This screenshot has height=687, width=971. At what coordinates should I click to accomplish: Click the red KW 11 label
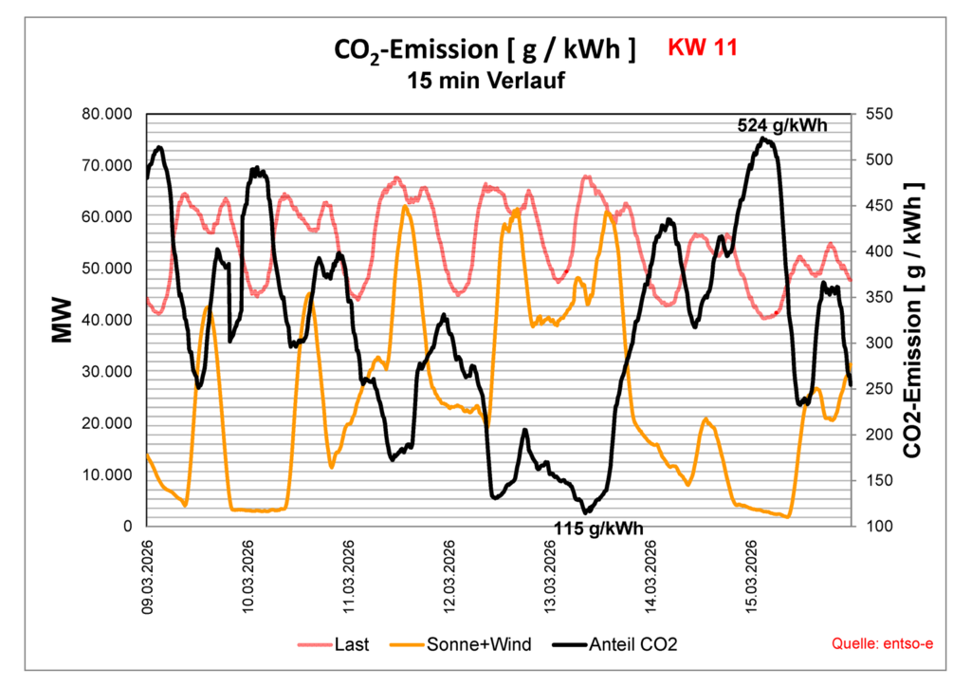coord(703,47)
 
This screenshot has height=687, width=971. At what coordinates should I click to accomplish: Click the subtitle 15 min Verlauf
coord(485,81)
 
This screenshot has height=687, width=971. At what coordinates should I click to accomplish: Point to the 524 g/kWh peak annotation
coord(782,124)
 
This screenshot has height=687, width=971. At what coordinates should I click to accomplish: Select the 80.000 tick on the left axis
coord(107,114)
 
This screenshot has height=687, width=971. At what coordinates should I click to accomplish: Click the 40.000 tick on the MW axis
coord(107,320)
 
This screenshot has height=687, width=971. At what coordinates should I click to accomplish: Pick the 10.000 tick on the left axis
coord(107,474)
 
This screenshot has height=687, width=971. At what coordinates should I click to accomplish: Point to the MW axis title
coord(63,320)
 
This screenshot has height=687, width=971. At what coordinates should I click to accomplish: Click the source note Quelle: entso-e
coord(882,644)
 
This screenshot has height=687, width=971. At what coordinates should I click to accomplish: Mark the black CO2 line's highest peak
coord(763,139)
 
